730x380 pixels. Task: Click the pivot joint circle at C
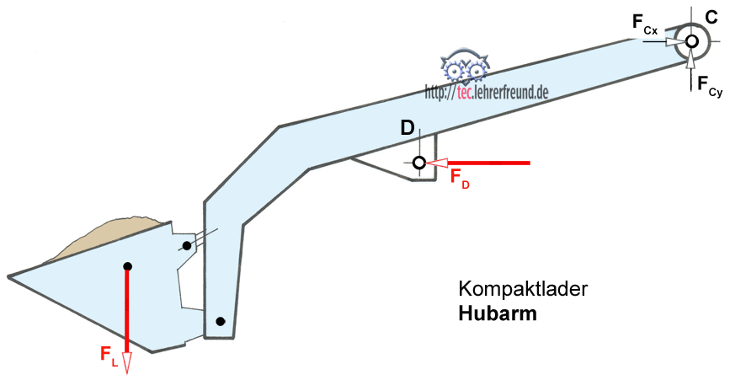[x=691, y=40]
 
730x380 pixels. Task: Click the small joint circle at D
[x=418, y=162]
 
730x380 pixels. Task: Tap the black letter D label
[x=407, y=128]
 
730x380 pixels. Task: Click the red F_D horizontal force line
[x=488, y=162]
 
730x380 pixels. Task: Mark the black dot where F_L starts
[x=127, y=266]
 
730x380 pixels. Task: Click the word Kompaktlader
[x=522, y=288]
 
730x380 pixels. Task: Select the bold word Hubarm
[x=497, y=313]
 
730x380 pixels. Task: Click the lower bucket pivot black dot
[x=220, y=321]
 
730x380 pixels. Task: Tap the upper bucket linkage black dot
[x=187, y=246]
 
